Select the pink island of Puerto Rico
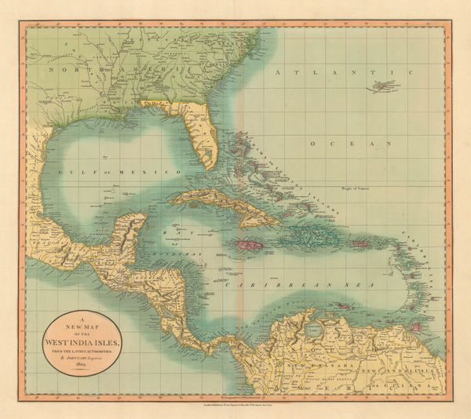coord(362,244)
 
